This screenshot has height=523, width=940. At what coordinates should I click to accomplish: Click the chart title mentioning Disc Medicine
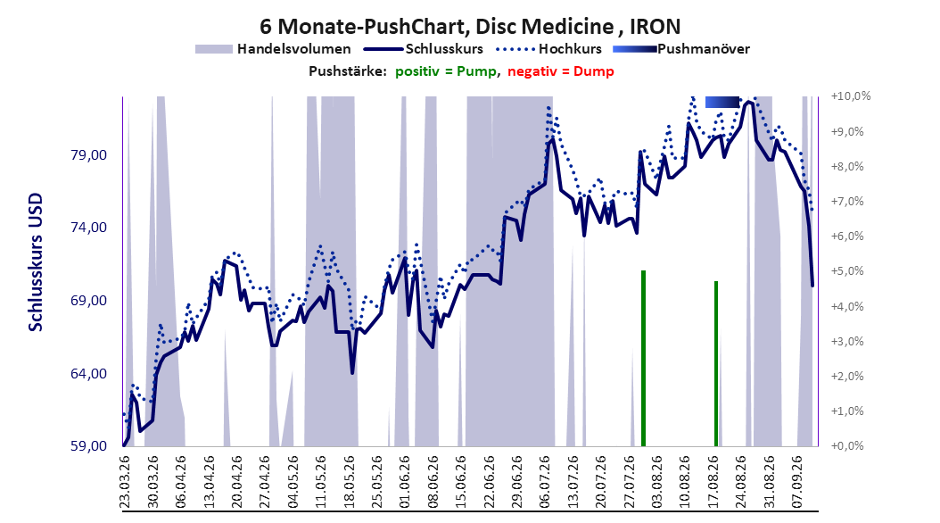click(x=470, y=27)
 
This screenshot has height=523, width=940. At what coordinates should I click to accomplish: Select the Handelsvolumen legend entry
click(x=273, y=49)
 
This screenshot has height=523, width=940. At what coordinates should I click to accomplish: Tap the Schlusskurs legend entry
click(x=425, y=49)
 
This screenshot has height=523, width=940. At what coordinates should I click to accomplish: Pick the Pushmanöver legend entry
click(x=681, y=49)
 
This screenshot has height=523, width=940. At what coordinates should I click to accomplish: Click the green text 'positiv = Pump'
click(x=446, y=71)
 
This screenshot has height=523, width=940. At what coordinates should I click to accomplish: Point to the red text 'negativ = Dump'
click(x=561, y=71)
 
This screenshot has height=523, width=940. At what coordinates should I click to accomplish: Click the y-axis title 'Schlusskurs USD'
click(x=36, y=261)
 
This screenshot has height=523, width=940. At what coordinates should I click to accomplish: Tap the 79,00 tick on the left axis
click(x=88, y=155)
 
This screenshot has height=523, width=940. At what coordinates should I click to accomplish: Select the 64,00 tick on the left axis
click(x=88, y=374)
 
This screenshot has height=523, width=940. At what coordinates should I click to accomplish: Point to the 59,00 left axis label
click(x=88, y=446)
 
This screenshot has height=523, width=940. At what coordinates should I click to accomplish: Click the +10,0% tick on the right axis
click(x=851, y=96)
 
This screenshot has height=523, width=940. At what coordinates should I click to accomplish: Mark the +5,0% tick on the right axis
click(x=847, y=271)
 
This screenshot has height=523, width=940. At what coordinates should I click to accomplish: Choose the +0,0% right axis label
click(x=847, y=445)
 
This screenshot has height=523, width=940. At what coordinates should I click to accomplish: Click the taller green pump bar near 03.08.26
click(x=643, y=358)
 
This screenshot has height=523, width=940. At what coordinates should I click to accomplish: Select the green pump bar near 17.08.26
click(x=716, y=363)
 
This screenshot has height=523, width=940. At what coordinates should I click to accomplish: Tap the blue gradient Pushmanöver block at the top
click(x=721, y=102)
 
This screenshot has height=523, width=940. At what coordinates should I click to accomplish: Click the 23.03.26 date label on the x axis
click(x=125, y=482)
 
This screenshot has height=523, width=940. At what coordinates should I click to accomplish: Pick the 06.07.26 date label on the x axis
click(x=545, y=482)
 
